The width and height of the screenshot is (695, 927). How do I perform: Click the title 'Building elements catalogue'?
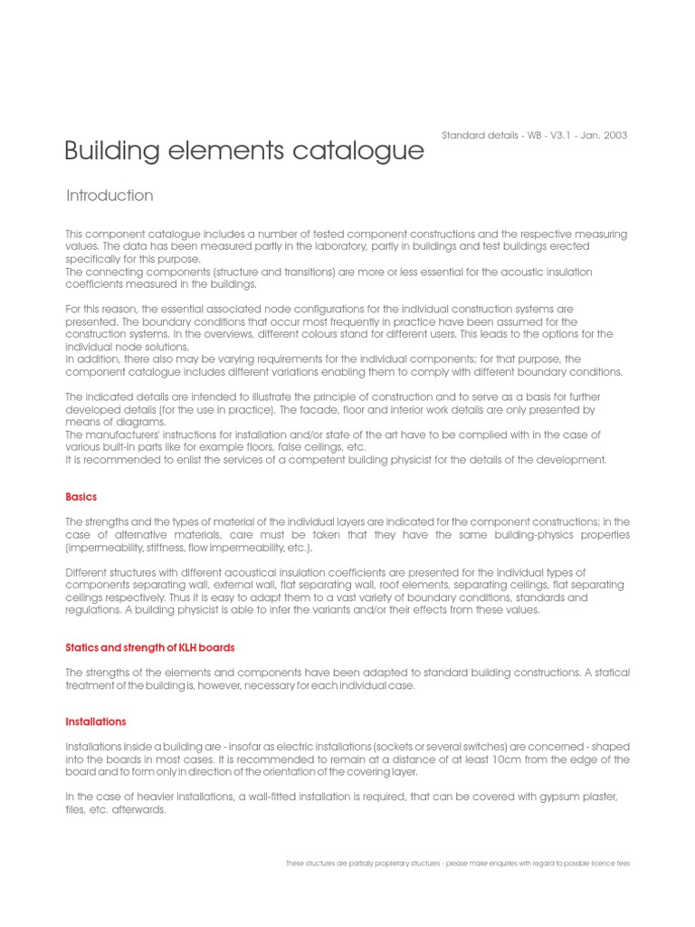click(x=244, y=150)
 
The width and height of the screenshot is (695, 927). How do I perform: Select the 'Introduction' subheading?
click(x=109, y=196)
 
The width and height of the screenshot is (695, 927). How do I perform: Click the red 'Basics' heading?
click(x=81, y=497)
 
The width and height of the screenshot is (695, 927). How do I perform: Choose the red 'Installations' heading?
click(x=96, y=722)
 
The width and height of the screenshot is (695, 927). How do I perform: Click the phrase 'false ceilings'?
click(x=289, y=447)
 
